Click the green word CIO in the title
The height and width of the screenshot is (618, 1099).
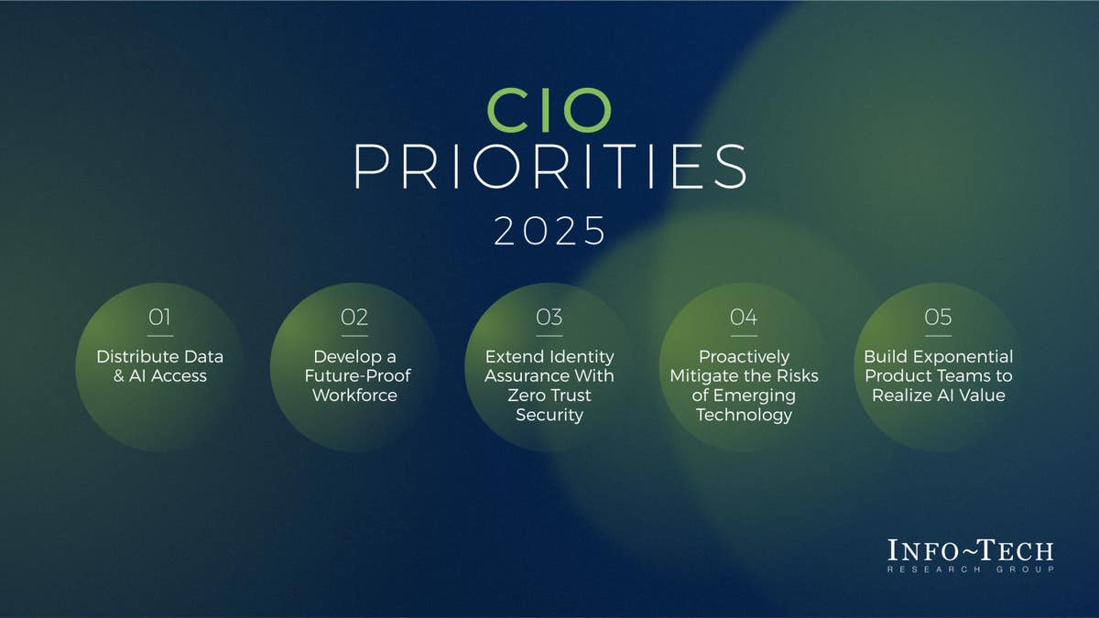[x=549, y=110]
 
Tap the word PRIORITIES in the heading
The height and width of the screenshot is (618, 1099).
[x=549, y=167]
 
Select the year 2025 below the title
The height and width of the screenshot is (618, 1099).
[x=549, y=231]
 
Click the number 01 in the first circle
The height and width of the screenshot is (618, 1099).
[x=160, y=317]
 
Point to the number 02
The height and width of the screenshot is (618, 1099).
[x=354, y=317]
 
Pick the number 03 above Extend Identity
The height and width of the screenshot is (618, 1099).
[x=549, y=317]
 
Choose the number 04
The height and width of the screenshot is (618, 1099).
[x=744, y=317]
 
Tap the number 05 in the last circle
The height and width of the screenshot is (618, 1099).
[x=939, y=317]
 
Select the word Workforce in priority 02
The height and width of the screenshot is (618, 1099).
[x=354, y=396]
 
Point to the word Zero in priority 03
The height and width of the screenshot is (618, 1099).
[x=526, y=396]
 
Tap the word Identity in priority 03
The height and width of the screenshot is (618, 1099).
[x=583, y=356]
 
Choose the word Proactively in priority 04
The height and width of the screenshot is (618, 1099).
[x=744, y=356]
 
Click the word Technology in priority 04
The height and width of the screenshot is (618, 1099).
[x=744, y=415]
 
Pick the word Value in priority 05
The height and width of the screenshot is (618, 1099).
[x=983, y=396]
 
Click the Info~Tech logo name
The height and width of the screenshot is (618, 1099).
[x=970, y=551]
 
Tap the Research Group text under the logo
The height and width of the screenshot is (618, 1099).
[x=970, y=569]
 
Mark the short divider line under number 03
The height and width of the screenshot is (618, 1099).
[x=549, y=335]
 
